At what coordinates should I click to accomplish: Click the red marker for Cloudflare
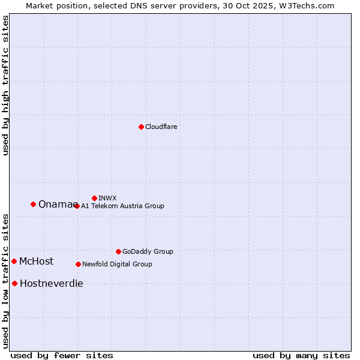(x=141, y=127)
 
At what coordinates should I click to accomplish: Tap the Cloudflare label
(x=161, y=127)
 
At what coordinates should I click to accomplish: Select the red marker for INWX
(x=94, y=198)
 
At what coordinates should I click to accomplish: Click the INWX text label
(x=107, y=199)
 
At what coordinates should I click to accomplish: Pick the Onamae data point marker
(x=33, y=204)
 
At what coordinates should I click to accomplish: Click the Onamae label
(x=56, y=205)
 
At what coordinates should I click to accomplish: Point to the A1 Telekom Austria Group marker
(x=77, y=206)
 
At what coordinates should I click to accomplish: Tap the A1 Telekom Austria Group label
(x=122, y=206)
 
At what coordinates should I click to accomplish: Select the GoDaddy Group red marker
(x=118, y=251)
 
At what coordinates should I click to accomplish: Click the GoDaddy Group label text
(x=148, y=252)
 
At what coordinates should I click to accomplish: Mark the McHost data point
(x=14, y=261)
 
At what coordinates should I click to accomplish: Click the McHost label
(x=36, y=262)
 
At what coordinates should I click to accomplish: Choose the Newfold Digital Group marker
(x=78, y=264)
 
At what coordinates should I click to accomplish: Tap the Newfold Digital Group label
(x=117, y=265)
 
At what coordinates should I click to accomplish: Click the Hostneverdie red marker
(x=14, y=283)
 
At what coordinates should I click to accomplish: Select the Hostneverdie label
(x=52, y=284)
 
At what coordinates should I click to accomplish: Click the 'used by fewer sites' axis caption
(x=62, y=356)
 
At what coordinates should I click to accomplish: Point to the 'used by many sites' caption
(x=301, y=356)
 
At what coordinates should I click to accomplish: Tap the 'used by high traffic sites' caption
(x=6, y=85)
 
